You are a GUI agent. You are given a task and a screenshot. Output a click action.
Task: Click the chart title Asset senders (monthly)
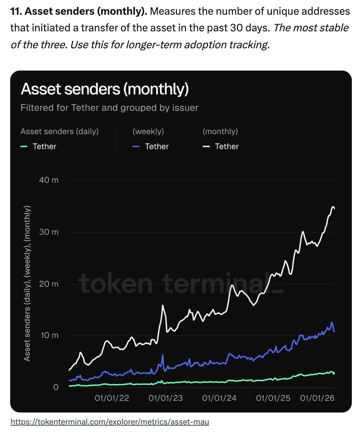click(x=104, y=89)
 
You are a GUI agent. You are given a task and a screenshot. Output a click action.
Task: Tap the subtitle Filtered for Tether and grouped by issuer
click(x=109, y=108)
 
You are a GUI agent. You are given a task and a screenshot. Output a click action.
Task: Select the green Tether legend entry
click(x=40, y=146)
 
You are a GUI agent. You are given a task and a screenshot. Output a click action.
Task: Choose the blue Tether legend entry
click(x=152, y=146)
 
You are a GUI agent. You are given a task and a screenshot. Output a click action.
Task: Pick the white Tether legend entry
click(x=221, y=146)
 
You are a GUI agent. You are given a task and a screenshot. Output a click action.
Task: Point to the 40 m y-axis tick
click(x=49, y=180)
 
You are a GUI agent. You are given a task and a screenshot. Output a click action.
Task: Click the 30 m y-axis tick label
click(x=49, y=232)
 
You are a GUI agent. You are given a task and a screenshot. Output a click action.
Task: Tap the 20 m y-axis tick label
click(x=49, y=284)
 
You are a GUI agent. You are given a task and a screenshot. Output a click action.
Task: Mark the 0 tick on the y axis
click(x=56, y=387)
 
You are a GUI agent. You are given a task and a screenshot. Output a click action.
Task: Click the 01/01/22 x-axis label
click(x=112, y=398)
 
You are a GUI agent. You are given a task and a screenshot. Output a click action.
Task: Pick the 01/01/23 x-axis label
click(x=166, y=398)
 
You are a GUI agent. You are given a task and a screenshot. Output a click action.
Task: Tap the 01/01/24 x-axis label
click(x=219, y=398)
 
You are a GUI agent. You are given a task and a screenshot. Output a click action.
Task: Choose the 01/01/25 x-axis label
click(x=273, y=398)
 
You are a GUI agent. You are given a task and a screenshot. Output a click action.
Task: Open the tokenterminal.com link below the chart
click(x=109, y=422)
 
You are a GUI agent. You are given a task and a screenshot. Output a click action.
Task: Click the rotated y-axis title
click(x=27, y=283)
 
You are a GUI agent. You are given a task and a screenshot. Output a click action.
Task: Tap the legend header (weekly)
click(x=148, y=131)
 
